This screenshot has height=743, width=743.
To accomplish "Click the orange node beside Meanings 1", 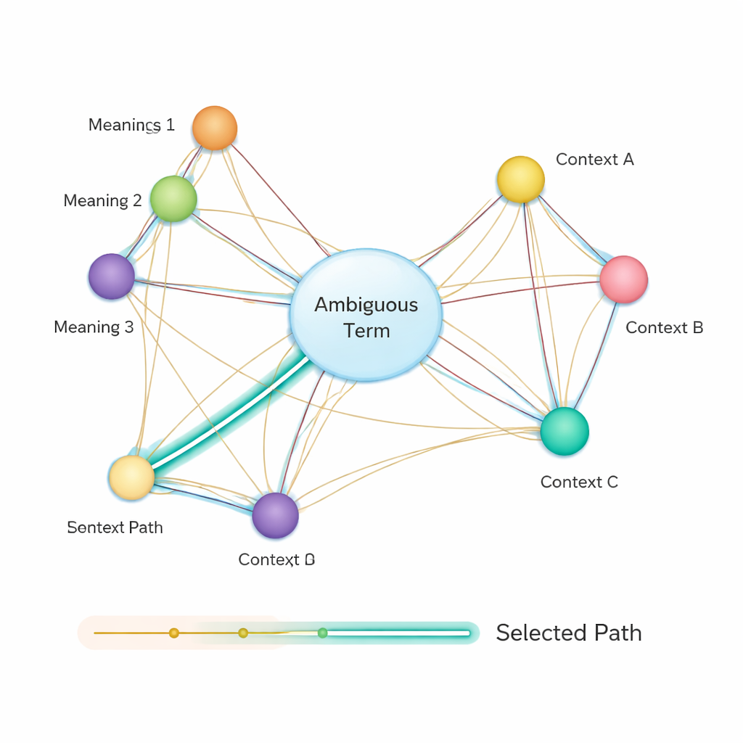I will click(215, 128).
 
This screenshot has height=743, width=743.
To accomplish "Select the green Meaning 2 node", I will click(173, 199).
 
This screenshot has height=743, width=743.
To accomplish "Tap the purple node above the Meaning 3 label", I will click(112, 276).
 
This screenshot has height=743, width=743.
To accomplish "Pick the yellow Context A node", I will click(521, 179).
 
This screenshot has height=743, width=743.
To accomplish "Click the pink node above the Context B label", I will click(623, 279).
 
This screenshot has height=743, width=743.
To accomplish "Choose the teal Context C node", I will click(565, 431).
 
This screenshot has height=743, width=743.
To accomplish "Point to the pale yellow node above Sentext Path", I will click(131, 477).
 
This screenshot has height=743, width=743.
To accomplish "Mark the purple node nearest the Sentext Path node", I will click(275, 515).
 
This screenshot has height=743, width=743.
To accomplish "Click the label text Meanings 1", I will click(131, 125).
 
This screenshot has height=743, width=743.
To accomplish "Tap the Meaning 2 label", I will click(102, 201).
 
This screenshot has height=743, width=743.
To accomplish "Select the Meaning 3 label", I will click(94, 327).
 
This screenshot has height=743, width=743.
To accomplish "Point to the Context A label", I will click(594, 160).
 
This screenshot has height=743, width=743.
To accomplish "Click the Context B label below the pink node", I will click(664, 328).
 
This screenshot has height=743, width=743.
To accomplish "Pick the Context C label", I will click(579, 482).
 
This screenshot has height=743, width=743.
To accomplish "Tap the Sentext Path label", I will click(115, 528).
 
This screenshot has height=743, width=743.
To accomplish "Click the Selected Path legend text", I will click(568, 633).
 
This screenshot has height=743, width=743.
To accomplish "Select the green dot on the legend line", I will click(323, 633).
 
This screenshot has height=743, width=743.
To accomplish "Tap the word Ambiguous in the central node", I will click(366, 305).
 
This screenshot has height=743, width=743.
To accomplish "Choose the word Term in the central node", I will click(366, 331).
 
